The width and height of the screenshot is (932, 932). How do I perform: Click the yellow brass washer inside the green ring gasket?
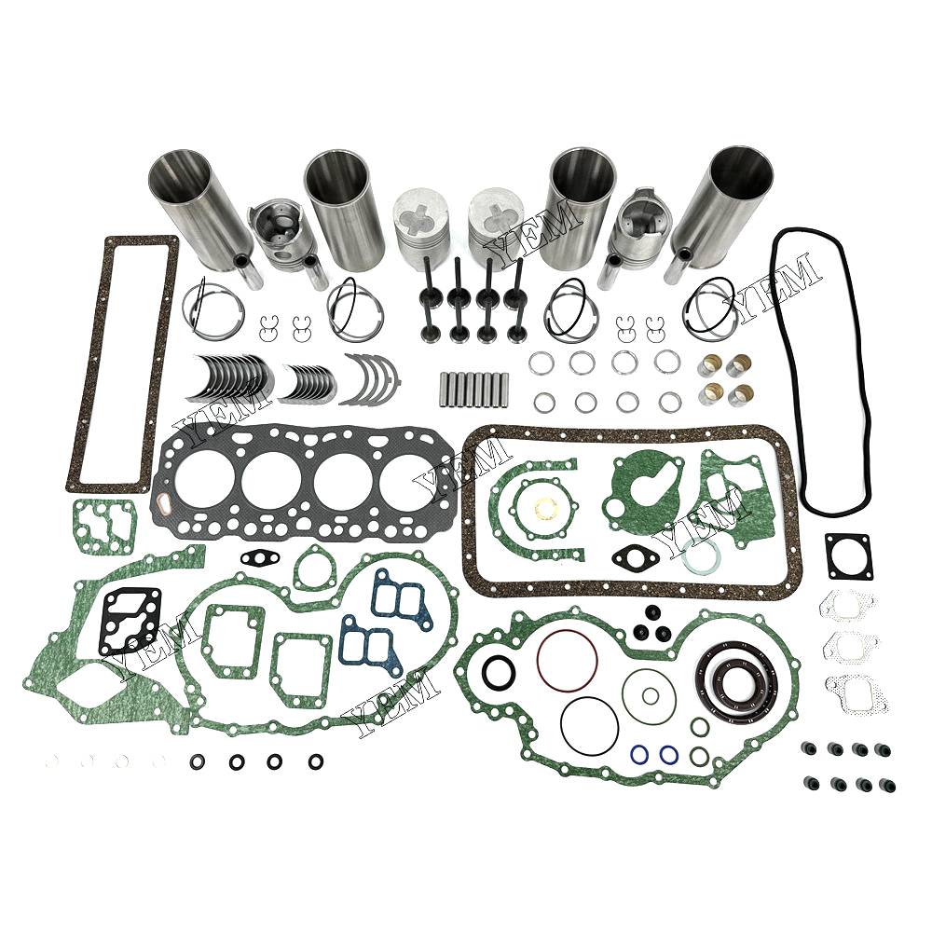click(x=543, y=507)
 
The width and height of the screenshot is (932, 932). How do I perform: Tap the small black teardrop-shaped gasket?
click(x=258, y=557)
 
